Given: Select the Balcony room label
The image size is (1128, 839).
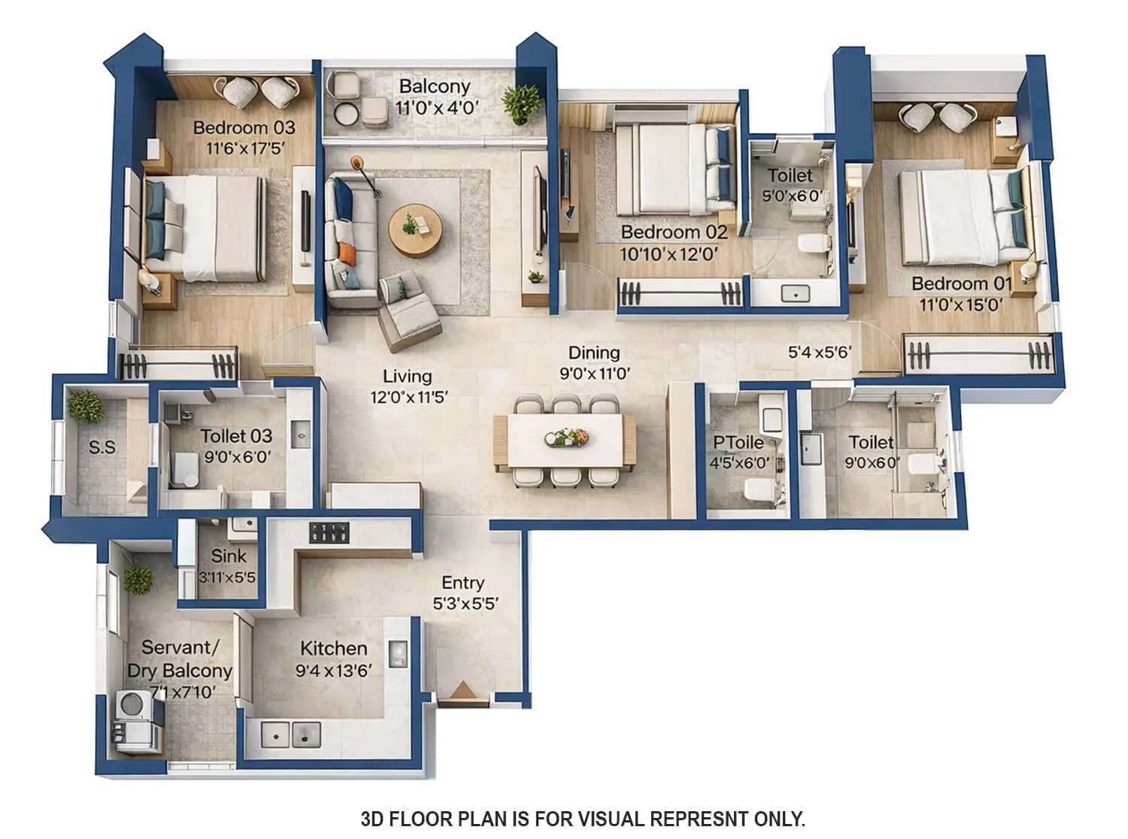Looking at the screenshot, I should coord(434,86).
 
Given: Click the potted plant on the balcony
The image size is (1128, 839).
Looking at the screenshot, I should coord(522,102).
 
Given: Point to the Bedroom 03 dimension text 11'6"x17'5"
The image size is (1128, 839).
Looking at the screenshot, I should coord(244,148).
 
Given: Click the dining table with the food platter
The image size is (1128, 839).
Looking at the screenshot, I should coord(564,438).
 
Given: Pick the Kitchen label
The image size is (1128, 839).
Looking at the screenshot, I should coord(333,648).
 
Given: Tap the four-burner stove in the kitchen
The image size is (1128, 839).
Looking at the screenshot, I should coord(329,533).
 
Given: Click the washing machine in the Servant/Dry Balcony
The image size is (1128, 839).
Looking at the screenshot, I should coord(133,704).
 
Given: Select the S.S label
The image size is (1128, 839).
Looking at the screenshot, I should coord(102,447).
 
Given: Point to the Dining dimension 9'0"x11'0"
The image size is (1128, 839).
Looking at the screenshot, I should coord(594,373).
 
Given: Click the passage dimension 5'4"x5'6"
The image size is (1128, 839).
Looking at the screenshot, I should coord(819,352).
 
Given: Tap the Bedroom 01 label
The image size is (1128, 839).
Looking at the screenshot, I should coord(960,284).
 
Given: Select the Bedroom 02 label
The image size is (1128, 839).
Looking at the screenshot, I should coord(674,232).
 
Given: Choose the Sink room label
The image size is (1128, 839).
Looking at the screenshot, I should coord(228,556).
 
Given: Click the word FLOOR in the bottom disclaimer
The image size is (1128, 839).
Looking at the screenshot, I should coord(425,818).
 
